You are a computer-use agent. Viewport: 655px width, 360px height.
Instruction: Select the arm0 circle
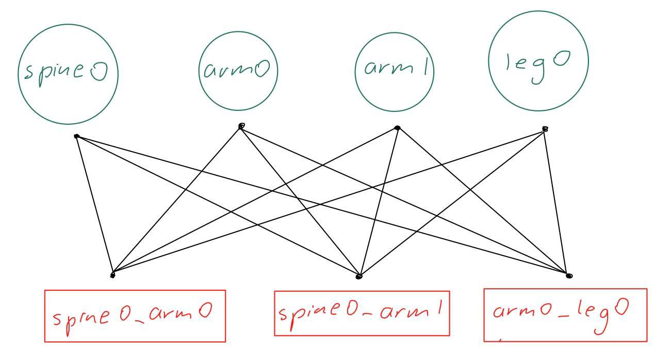[238, 71]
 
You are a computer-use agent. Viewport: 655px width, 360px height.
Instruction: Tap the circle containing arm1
[395, 72]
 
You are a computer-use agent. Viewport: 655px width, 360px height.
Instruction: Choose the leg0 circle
[538, 61]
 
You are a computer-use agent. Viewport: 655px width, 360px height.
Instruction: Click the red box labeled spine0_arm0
[135, 316]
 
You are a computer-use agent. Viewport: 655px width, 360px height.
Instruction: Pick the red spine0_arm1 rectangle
[362, 313]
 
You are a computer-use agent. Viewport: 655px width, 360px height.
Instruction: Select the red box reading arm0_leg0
[565, 315]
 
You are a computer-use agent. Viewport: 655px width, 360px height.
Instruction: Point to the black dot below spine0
[76, 136]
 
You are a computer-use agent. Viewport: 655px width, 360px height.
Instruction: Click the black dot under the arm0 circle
[241, 126]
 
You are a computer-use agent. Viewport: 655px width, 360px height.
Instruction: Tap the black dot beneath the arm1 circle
[397, 127]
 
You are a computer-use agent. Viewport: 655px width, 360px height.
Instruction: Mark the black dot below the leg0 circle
[545, 129]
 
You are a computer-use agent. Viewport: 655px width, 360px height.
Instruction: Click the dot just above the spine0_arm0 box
[113, 275]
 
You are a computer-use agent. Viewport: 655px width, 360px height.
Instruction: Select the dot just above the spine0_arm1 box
[359, 277]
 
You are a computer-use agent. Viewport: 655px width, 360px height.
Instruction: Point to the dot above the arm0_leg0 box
[568, 275]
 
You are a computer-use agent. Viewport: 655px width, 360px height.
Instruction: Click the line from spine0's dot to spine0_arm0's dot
[94, 205]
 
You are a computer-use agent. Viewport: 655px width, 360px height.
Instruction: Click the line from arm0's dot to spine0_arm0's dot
[177, 200]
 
